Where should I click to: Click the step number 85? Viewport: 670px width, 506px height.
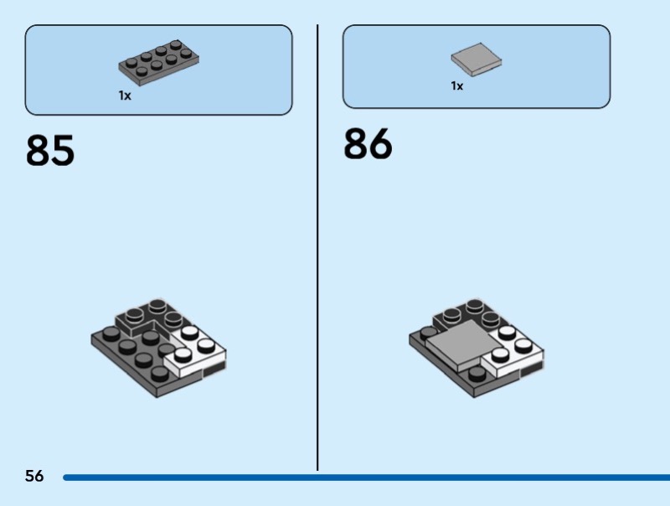(50, 150)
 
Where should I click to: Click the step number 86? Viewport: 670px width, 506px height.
(368, 143)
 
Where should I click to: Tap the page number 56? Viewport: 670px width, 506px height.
(34, 476)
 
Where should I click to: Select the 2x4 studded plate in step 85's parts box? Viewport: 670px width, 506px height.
(158, 64)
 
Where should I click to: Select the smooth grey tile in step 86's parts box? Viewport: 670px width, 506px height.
(477, 59)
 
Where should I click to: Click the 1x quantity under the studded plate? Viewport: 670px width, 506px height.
(125, 96)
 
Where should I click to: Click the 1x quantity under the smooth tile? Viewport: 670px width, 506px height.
(456, 86)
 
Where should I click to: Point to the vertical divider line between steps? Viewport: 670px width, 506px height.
(317, 247)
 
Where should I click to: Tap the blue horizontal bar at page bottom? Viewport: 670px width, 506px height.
(366, 478)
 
